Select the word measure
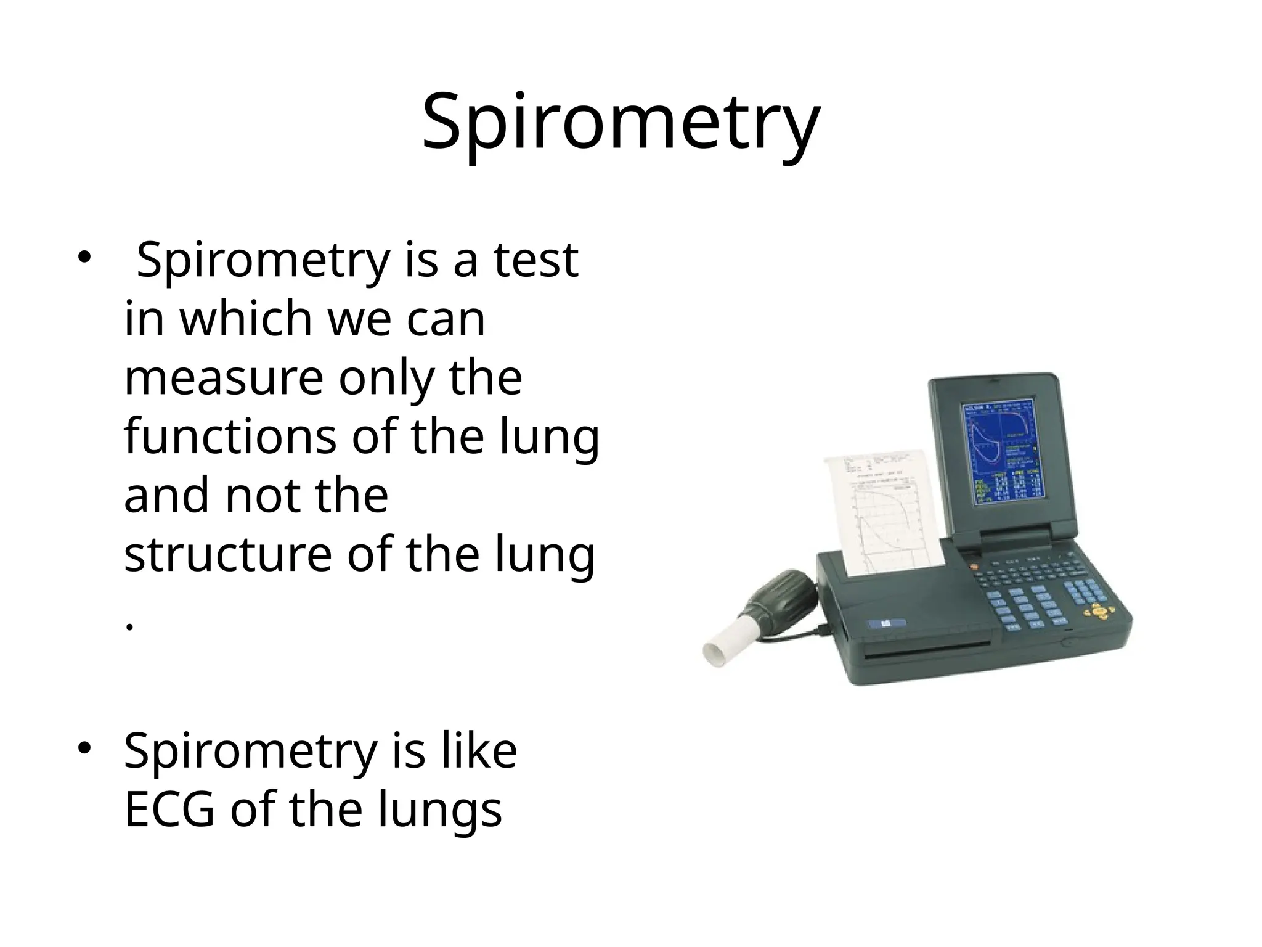click(223, 378)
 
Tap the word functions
click(230, 437)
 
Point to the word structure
click(227, 555)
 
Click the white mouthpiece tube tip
click(717, 652)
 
